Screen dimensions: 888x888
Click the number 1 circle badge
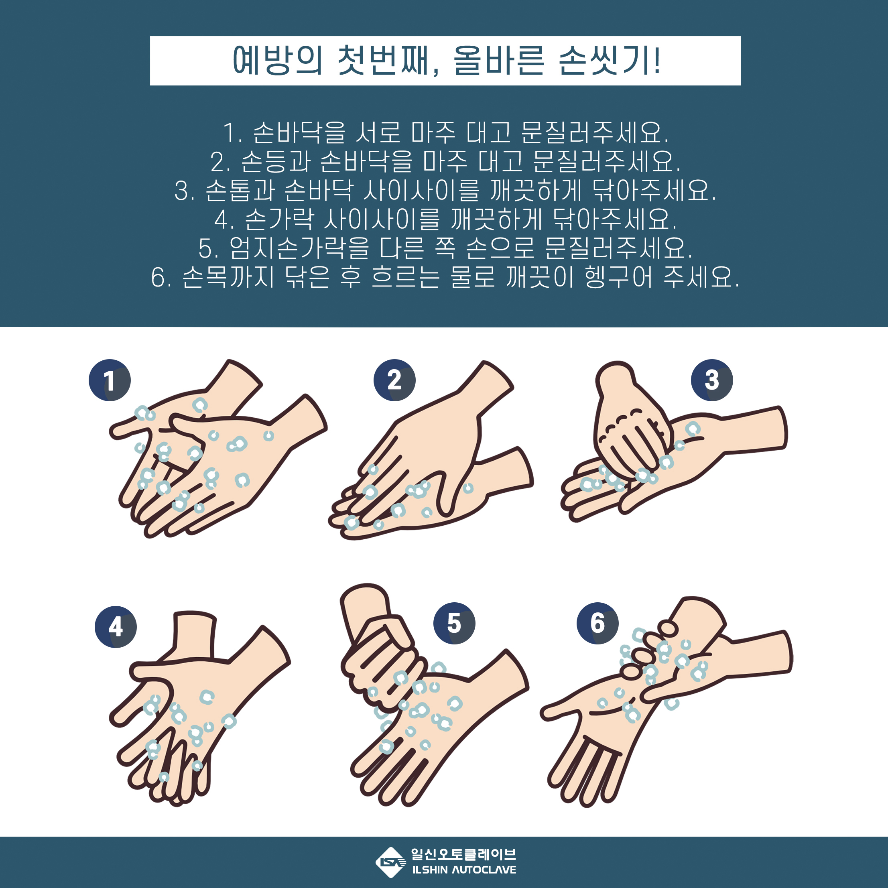(110, 380)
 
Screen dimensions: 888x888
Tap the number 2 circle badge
(394, 380)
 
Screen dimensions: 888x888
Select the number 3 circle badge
(712, 380)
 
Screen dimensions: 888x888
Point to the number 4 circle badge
(116, 627)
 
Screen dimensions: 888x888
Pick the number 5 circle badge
(455, 623)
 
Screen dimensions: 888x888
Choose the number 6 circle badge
(597, 623)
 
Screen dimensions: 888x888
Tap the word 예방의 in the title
(277, 61)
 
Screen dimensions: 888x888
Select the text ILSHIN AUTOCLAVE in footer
(464, 870)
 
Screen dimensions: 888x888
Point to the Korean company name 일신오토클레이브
(463, 854)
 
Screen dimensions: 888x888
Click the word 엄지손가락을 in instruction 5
(299, 248)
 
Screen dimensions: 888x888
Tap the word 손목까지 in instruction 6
(228, 277)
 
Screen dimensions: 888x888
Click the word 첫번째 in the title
(384, 61)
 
